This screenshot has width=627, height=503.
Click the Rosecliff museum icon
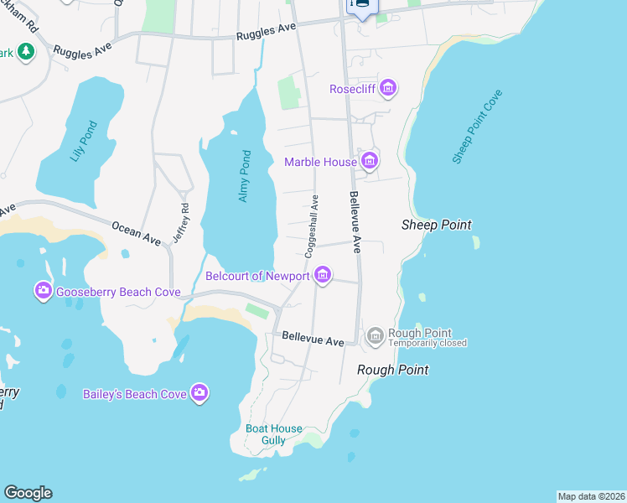[387, 88]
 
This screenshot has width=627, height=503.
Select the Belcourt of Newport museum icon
[322, 275]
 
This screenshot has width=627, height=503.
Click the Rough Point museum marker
[375, 337]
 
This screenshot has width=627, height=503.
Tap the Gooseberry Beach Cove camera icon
[43, 292]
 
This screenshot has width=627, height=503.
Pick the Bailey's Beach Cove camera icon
[199, 392]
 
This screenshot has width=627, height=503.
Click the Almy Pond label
[244, 176]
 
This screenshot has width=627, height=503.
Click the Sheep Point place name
[436, 225]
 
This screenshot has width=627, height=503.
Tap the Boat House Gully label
[266, 434]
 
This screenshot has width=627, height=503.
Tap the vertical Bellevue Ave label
[355, 221]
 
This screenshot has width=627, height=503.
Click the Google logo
[28, 493]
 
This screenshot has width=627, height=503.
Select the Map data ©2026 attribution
[591, 496]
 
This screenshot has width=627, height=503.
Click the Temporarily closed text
[427, 343]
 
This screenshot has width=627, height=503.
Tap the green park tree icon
[26, 52]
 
